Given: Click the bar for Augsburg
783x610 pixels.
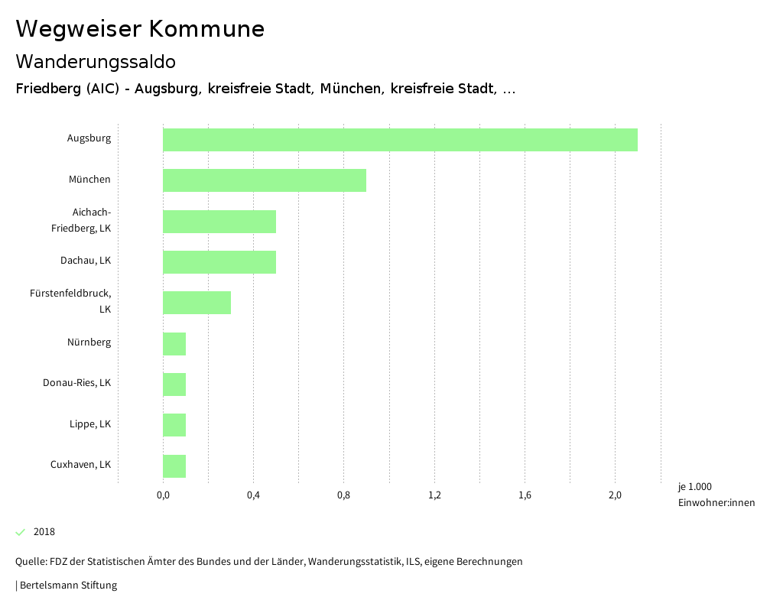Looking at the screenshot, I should [400, 140].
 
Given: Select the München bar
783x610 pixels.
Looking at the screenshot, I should [265, 180].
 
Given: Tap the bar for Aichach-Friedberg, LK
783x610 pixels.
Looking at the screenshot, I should [219, 222].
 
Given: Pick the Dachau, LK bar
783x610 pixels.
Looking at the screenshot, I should [219, 262].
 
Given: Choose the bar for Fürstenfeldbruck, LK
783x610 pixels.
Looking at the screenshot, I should [197, 303].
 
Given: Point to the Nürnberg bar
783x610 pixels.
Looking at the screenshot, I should [174, 344].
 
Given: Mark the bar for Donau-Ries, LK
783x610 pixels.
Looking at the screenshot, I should [174, 384].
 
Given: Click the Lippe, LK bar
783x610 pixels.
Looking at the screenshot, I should [174, 425].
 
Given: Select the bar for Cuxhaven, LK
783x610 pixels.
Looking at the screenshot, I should [174, 466].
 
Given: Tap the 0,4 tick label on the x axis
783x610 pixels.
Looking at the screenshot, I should [253, 495].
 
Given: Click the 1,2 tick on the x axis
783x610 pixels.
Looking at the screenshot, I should [434, 495].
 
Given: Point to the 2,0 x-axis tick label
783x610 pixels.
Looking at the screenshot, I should [616, 495].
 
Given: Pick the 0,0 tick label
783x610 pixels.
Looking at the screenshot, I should [163, 495].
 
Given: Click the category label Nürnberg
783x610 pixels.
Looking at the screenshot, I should [89, 342].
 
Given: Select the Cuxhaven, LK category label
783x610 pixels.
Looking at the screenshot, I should [80, 465].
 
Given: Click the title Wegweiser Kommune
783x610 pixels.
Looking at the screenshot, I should [140, 29].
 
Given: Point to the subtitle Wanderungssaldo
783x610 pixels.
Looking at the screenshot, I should [96, 61].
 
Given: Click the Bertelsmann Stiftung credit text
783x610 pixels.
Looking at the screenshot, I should [67, 586].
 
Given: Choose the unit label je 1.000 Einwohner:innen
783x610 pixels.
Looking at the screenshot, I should [716, 495].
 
